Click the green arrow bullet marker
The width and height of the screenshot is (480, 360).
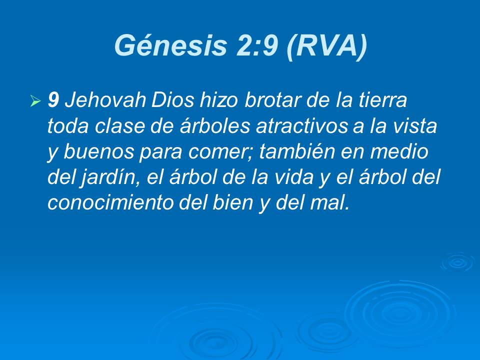[x=34, y=102]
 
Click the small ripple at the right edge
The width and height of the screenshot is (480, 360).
[x=457, y=261]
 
